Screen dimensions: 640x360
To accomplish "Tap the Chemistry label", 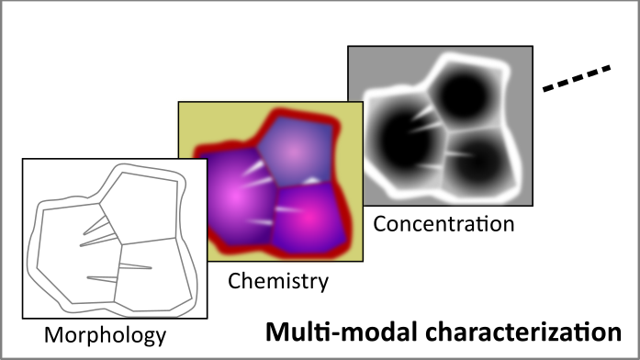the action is click(x=277, y=281).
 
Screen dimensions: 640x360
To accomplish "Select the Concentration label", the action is click(x=444, y=222).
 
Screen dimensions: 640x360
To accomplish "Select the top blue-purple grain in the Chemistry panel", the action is click(x=293, y=147).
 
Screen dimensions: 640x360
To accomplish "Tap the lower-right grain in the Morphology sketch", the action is click(x=152, y=271).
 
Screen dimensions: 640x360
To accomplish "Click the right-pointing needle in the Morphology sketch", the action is click(x=134, y=267).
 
